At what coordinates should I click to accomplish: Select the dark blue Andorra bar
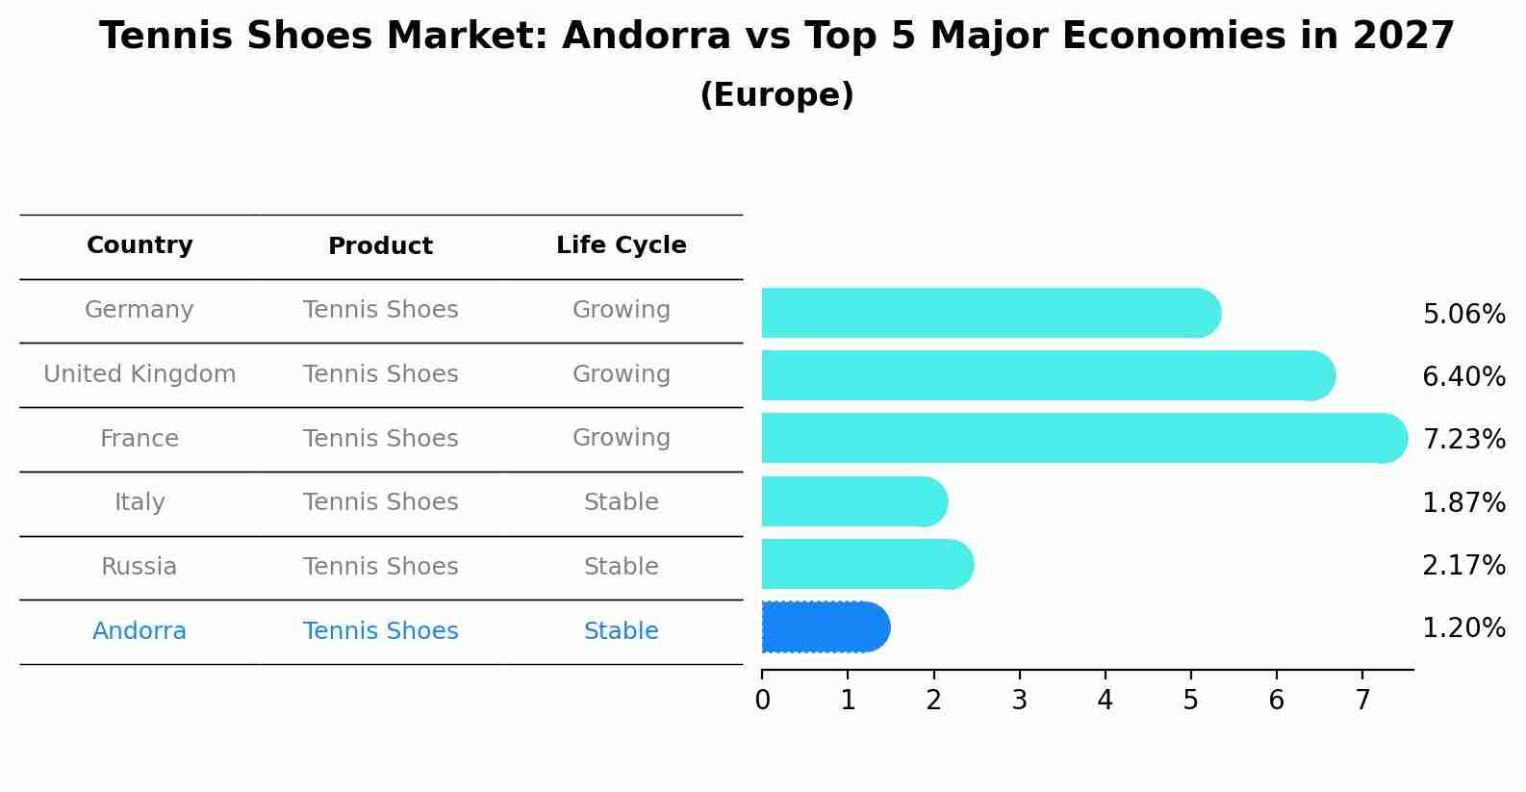click(825, 627)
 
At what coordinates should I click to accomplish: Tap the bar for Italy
click(853, 501)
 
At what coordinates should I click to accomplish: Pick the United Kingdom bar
click(1047, 375)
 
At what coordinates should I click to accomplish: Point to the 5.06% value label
click(1462, 315)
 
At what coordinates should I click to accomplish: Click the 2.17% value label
click(1462, 565)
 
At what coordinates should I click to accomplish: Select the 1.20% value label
click(1462, 628)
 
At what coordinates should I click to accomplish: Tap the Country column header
click(140, 245)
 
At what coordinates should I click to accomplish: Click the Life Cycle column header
click(621, 245)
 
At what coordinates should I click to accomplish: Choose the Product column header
click(380, 246)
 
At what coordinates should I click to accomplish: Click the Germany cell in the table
click(140, 310)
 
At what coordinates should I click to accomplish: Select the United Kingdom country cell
click(140, 374)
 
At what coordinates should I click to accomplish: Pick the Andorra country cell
click(140, 631)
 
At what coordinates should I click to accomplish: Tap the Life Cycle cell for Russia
click(621, 567)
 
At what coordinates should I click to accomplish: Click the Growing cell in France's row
click(621, 438)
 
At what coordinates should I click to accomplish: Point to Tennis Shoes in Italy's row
click(380, 502)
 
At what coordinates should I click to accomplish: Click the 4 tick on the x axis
click(1105, 701)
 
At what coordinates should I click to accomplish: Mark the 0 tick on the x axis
click(762, 701)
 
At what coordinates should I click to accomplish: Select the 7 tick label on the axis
click(1361, 701)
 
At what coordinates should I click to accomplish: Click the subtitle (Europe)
click(776, 95)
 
